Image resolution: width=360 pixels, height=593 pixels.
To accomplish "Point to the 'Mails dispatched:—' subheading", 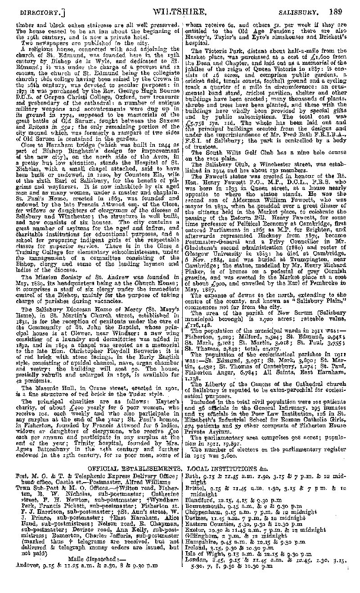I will click(93, 557).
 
